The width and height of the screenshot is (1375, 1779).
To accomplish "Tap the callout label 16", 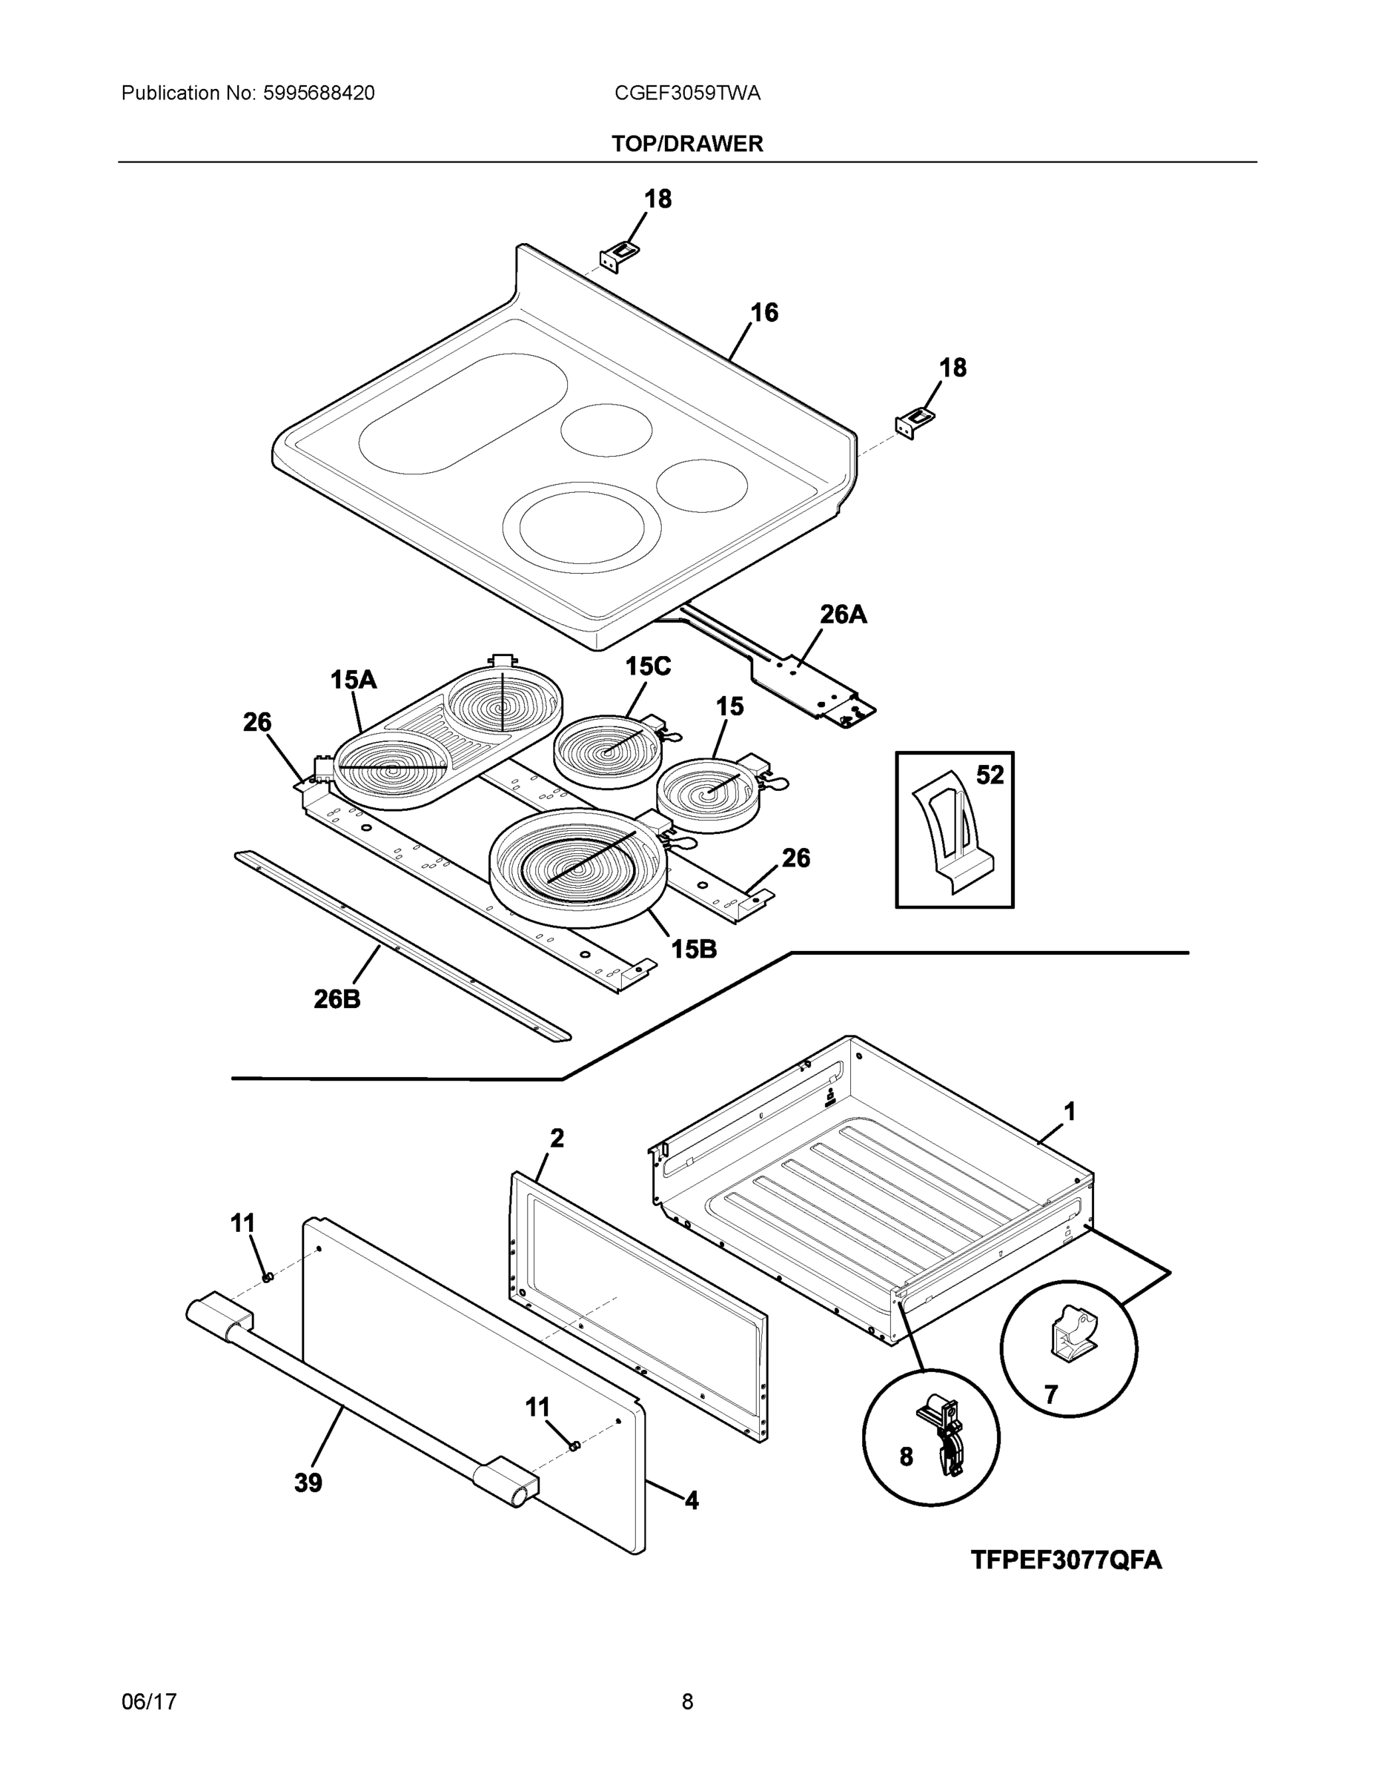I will [x=763, y=312].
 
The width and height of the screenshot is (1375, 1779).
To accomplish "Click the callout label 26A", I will [x=842, y=614].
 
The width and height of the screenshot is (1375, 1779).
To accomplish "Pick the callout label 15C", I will [x=648, y=666].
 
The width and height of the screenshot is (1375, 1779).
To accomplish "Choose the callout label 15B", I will [x=693, y=948].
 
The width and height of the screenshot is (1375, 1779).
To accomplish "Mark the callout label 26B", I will [x=337, y=998].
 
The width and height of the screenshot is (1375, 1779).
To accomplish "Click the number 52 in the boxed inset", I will [x=990, y=775].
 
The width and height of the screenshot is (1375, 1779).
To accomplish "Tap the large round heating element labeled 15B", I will [x=578, y=867].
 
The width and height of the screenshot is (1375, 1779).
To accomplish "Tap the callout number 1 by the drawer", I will [x=1070, y=1111].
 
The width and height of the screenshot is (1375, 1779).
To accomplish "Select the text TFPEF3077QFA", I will [x=1065, y=1560].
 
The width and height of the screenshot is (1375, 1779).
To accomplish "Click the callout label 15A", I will [x=353, y=679].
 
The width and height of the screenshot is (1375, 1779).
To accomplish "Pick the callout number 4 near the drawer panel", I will [x=691, y=1500].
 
